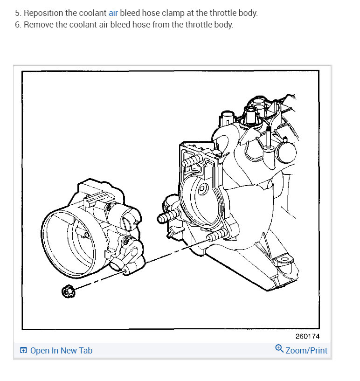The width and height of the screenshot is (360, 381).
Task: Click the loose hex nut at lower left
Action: coord(67,292)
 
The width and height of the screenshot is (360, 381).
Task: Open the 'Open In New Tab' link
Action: coord(61,351)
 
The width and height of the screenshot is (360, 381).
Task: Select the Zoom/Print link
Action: coord(306,351)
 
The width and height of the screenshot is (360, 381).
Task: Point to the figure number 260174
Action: coord(307,336)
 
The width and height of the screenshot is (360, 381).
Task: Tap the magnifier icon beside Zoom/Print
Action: coord(279,349)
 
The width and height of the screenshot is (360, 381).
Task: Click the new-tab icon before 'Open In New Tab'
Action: coord(23,351)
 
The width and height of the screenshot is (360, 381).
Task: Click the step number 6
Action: coord(17,24)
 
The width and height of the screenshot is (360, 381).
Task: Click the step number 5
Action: coord(17,13)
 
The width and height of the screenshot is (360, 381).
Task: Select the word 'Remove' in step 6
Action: coord(37,24)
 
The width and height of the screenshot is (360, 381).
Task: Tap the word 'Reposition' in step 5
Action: coord(42,13)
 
